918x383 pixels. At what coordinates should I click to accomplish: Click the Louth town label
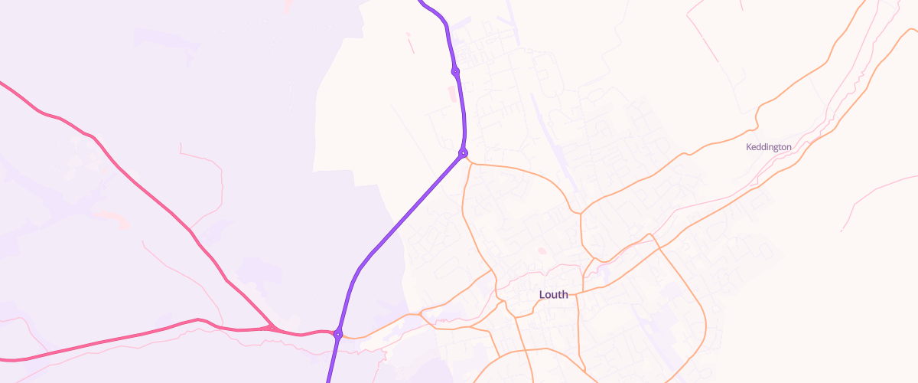[553, 294]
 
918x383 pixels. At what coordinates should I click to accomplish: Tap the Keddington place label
[768, 146]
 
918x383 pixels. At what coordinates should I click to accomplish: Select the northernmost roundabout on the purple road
[455, 71]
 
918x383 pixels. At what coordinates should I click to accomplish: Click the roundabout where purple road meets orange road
[463, 153]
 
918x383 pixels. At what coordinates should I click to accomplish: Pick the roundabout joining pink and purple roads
[337, 333]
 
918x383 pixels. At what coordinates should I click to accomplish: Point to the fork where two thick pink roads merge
[272, 328]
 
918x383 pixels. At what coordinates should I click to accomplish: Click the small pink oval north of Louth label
[542, 250]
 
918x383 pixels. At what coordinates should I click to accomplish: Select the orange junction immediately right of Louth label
[578, 292]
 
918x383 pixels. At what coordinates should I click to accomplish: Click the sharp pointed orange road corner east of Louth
[649, 234]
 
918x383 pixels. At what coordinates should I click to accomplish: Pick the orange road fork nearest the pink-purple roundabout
[422, 313]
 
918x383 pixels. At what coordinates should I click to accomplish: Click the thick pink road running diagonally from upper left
[153, 191]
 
